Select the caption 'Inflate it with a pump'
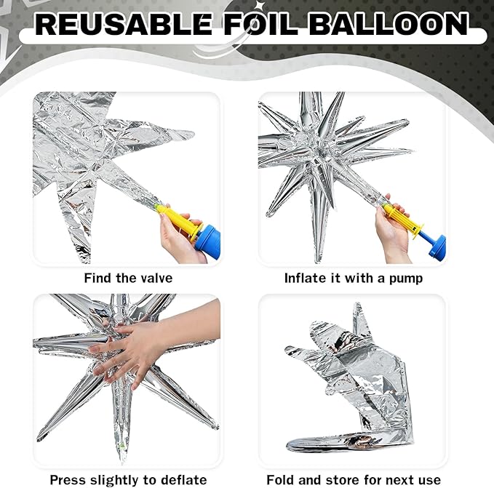click(x=353, y=278)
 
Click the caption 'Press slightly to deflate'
click(x=127, y=479)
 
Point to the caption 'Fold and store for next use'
click(x=353, y=479)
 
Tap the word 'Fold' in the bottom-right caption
click(x=280, y=479)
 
